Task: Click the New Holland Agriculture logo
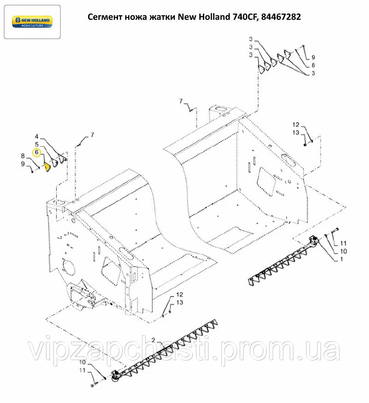(x=32, y=22)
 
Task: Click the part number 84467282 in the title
(x=281, y=17)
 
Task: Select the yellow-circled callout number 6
(x=36, y=153)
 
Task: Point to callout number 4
(x=36, y=136)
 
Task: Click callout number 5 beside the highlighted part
(x=37, y=144)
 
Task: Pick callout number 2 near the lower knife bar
(x=153, y=340)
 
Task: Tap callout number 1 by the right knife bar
(x=341, y=259)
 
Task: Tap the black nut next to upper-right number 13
(x=305, y=145)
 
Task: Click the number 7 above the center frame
(x=181, y=101)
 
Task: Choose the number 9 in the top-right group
(x=313, y=57)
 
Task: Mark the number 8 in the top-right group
(x=313, y=65)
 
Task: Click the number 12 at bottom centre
(x=179, y=295)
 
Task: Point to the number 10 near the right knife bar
(x=343, y=251)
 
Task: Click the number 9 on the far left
(x=23, y=164)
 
